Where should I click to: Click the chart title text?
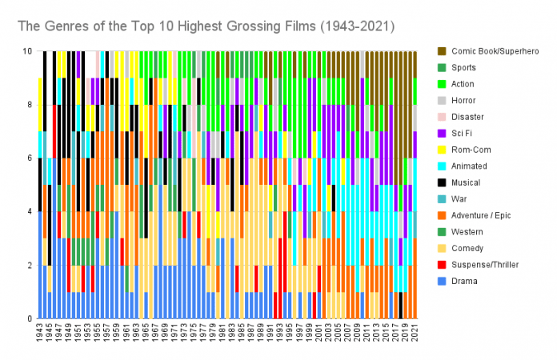click(206, 26)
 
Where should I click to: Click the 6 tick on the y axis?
click(29, 158)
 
